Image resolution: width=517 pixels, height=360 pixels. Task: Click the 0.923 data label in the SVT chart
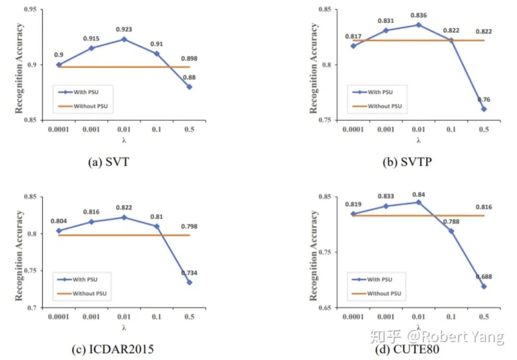coord(124,30)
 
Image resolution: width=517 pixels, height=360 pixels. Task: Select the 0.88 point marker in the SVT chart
coord(190,87)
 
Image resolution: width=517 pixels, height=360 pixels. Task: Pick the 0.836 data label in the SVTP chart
coord(418,15)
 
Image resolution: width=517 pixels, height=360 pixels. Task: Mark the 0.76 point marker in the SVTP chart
coord(483,109)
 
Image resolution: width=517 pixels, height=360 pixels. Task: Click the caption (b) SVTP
coord(407,162)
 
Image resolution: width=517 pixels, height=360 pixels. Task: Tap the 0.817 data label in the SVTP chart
coord(353,36)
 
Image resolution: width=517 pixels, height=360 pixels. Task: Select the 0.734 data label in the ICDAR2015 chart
coord(189,273)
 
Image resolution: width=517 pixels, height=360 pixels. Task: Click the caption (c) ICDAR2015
coord(112,350)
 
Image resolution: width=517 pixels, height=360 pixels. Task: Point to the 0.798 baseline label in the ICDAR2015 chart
coord(189,226)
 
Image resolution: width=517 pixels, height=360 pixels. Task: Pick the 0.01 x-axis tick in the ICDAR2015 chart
coord(124,317)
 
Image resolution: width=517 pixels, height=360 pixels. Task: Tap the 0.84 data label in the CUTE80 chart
coord(418,194)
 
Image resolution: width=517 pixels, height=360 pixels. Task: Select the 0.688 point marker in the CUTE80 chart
coord(483,286)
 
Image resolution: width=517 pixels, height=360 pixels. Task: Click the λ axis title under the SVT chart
coord(124,140)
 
